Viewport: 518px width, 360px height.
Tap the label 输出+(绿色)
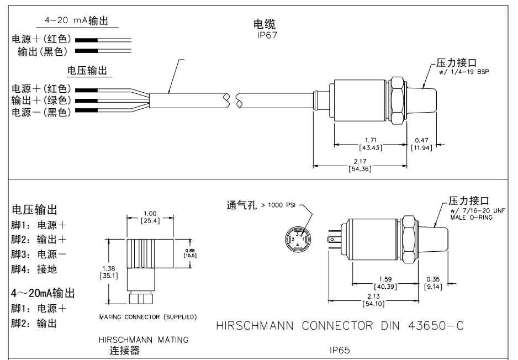(x=41, y=100)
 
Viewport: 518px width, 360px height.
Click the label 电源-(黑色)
(x=41, y=113)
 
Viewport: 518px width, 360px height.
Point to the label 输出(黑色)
(x=42, y=51)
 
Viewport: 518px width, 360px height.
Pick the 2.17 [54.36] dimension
(x=360, y=165)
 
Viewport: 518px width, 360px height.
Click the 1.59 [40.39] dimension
(x=381, y=282)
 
